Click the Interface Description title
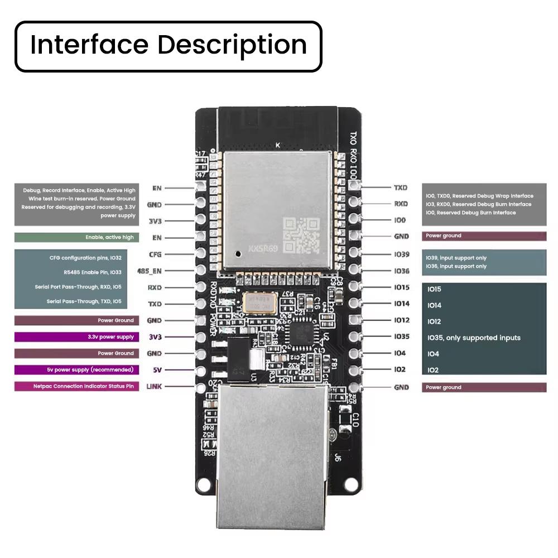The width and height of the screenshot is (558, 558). (168, 45)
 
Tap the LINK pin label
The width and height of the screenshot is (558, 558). (154, 386)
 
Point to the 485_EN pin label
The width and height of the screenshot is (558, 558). (149, 271)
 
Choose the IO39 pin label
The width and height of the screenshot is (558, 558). (401, 254)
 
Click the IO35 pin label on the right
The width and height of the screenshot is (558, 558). (401, 336)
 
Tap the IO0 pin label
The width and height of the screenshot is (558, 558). (400, 220)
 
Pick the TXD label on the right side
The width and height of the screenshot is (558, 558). (401, 188)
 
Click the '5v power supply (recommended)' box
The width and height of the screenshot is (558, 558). (76, 369)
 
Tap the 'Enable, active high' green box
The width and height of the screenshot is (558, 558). (76, 237)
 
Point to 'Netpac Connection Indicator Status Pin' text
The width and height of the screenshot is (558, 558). (84, 386)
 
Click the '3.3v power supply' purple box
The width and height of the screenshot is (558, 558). (76, 337)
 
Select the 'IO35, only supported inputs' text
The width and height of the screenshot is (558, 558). (474, 338)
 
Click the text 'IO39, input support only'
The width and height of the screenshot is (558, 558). (456, 258)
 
